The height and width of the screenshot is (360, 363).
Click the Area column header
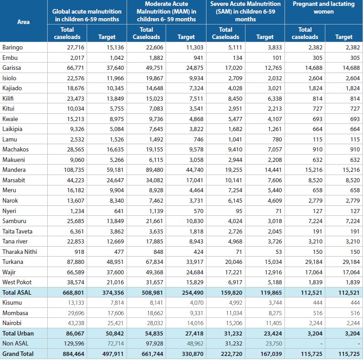point(24,22)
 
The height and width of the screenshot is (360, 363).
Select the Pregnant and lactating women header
point(324,8)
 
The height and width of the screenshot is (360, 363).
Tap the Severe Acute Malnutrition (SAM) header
point(245,11)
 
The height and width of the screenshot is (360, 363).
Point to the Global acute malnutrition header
point(87,15)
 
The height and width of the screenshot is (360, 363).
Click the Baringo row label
point(13,48)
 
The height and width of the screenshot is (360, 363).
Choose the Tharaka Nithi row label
point(20,252)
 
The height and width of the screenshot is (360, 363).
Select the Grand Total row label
point(18,354)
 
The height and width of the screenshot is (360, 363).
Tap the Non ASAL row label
point(15,343)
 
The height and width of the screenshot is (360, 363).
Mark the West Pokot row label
point(17,282)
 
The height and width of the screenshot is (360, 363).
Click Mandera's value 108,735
point(74,170)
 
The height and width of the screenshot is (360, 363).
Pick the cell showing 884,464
point(74,354)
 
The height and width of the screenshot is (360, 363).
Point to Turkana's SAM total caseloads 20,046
point(234,262)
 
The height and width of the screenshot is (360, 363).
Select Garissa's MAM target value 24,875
point(195,68)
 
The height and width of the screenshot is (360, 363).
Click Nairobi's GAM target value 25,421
point(116,323)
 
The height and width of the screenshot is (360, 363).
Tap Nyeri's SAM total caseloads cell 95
point(239,211)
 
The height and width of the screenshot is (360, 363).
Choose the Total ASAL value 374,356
point(113,293)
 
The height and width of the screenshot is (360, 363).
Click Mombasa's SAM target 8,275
point(275,313)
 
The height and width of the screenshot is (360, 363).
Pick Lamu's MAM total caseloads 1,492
point(156,139)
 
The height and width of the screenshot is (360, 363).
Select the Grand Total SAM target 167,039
point(271,354)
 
